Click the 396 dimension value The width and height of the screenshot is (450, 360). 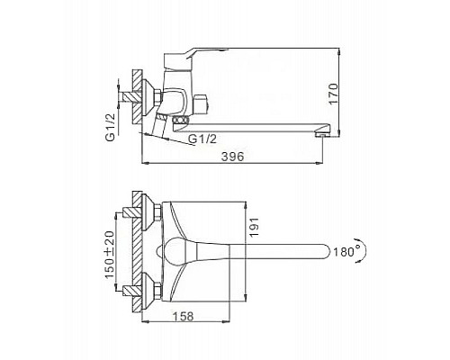232,157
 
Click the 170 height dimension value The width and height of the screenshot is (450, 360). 333,94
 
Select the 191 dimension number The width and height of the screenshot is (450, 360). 254,228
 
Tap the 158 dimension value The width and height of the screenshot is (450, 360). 184,316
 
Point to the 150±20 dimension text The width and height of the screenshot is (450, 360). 110,255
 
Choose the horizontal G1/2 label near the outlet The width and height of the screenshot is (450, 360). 202,139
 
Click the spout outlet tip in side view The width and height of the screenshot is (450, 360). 322,134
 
